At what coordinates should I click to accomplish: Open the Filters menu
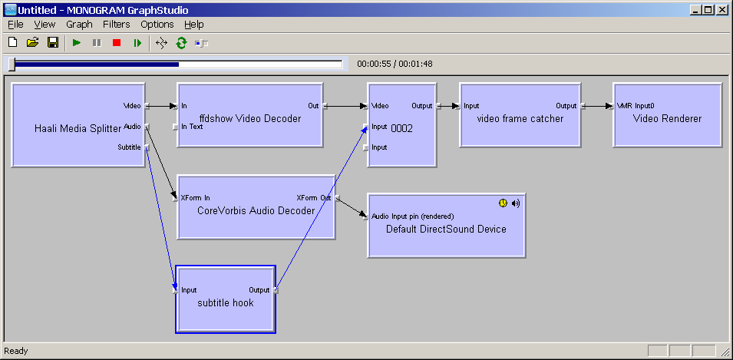point(117,25)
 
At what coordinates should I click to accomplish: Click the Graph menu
point(79,25)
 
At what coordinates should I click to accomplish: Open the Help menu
point(194,25)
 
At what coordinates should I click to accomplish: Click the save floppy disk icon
point(53,43)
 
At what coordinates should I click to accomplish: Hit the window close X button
point(721,10)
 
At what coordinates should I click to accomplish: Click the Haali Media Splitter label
point(78,128)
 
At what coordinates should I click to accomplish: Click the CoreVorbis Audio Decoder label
point(256,210)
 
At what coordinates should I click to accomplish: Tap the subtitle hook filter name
point(225,302)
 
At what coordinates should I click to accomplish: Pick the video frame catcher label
point(520,118)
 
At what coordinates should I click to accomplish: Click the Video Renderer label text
point(667,118)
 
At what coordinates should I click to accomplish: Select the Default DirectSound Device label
point(446,229)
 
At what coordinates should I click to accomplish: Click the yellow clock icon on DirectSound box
point(502,203)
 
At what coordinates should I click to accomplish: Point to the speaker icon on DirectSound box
point(516,203)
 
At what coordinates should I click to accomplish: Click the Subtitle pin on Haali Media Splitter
point(130,147)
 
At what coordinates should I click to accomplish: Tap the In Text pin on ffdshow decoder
point(192,127)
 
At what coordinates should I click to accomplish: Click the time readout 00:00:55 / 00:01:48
point(395,64)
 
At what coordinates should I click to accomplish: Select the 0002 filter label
point(401,128)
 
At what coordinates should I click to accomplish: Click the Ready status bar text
point(16,351)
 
